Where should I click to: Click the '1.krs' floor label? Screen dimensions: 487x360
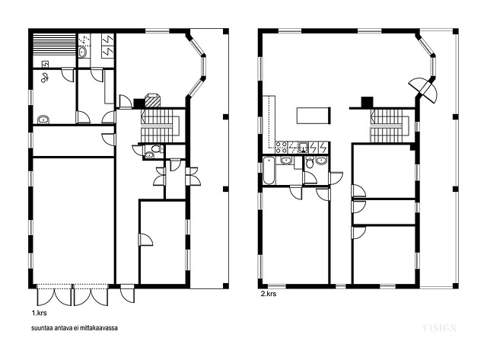pos(39,313)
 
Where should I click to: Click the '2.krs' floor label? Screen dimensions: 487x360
pos(269,294)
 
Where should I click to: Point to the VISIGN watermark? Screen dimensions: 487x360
pos(439,328)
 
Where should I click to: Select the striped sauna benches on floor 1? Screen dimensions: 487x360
pos(55,44)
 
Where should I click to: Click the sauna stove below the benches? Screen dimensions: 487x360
pos(46,64)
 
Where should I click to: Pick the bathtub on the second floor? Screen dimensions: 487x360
pos(269,170)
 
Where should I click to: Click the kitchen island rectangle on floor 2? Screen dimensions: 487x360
pos(314,116)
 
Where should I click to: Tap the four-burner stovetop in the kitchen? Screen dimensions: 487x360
pos(282,147)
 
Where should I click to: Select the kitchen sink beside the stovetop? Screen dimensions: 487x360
pos(303,147)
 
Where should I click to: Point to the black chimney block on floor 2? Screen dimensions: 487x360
pos(367,102)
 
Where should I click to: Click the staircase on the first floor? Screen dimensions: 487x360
pos(161,125)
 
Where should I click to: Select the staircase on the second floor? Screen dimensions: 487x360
pos(390,126)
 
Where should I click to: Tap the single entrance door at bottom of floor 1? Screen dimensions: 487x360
pos(128,293)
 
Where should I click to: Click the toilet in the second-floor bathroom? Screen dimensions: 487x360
pos(310,162)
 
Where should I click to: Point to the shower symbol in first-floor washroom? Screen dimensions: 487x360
pos(44,77)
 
